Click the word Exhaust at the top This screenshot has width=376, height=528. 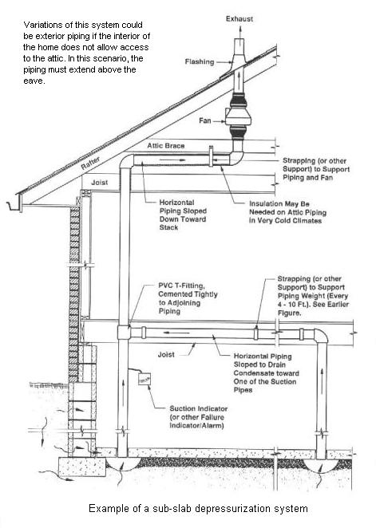239,19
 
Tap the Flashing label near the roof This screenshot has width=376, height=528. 200,61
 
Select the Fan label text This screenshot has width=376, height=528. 205,120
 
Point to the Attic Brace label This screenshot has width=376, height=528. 166,146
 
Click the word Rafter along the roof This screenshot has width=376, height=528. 91,163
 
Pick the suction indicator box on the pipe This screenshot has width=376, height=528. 144,379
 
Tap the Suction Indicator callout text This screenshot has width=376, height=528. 198,417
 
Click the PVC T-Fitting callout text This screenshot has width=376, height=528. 188,298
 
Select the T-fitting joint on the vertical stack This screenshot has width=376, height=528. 124,332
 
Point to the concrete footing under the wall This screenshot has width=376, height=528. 82,467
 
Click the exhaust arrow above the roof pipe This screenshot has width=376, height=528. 239,31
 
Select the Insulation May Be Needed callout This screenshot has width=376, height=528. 287,212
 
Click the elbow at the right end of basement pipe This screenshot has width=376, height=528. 321,336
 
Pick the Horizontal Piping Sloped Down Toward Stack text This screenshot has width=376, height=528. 183,215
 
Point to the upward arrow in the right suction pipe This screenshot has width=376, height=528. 322,376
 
